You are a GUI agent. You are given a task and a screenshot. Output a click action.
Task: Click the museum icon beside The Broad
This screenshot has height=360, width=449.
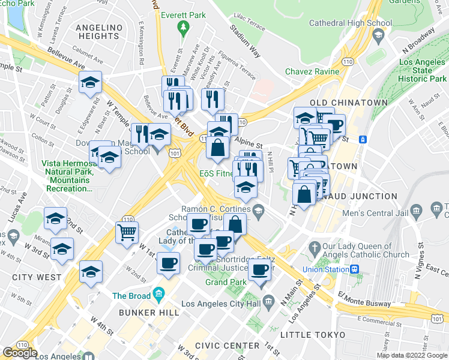[158, 294]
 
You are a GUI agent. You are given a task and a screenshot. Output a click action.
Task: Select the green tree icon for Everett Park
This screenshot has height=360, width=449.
[183, 27]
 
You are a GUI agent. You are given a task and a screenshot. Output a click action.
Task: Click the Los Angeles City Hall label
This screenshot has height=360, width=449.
[231, 304]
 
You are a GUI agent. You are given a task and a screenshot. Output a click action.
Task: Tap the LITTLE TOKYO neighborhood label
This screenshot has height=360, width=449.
[316, 335]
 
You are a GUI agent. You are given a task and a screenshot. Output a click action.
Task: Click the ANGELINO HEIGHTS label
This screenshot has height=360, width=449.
[99, 32]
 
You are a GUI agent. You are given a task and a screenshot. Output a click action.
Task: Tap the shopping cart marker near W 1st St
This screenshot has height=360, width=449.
[127, 232]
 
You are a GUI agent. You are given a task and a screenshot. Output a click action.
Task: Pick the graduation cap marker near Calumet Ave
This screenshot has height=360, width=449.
[90, 82]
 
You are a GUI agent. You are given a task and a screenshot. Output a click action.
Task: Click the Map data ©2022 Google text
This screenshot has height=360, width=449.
[411, 355]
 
